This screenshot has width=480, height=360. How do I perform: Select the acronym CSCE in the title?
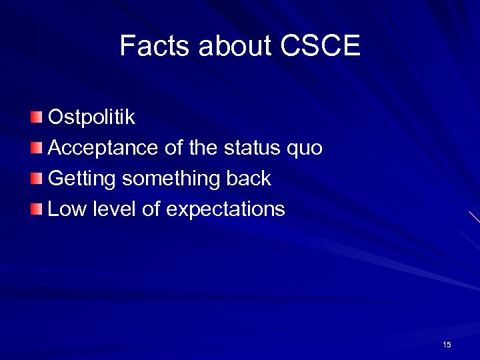point(321,46)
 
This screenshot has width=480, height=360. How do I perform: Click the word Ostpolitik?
point(92,117)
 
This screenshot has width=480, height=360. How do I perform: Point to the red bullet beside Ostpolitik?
point(36,118)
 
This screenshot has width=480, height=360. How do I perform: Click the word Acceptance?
point(104,148)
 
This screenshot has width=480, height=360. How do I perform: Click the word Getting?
point(83,179)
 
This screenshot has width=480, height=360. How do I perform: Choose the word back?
point(249,178)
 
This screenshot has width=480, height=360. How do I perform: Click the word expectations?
point(225,210)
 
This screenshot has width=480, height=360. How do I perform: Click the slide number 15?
point(447,345)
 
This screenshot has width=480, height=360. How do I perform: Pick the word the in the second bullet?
point(203,148)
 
